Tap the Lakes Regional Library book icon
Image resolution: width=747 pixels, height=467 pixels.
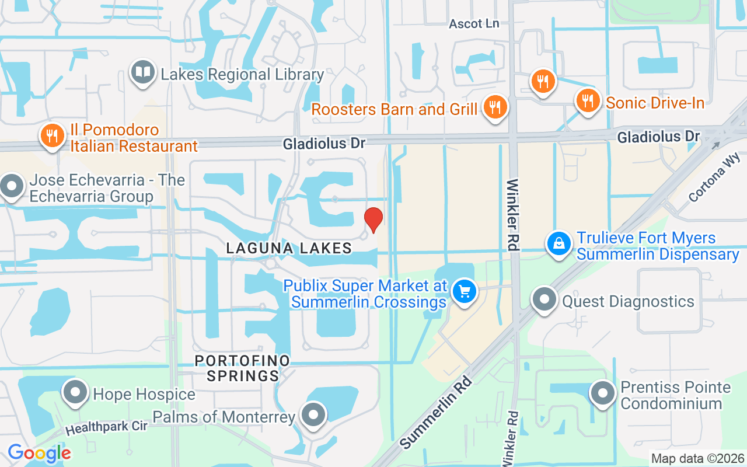[142, 73]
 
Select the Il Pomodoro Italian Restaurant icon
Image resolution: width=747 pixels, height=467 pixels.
[52, 136]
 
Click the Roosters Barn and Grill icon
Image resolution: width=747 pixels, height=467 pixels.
[495, 107]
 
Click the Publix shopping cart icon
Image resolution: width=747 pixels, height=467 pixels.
[465, 291]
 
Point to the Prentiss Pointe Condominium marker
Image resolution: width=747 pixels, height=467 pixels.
[603, 393]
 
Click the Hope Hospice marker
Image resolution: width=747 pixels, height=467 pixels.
[75, 393]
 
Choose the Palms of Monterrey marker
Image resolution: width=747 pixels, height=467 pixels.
[314, 415]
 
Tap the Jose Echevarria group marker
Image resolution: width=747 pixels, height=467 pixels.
[11, 187]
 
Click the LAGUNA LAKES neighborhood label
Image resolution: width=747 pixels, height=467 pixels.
[289, 248]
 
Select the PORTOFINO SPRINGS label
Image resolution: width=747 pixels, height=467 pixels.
[243, 368]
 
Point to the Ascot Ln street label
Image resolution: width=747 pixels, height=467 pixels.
[474, 24]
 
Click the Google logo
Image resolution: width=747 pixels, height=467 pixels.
[39, 453]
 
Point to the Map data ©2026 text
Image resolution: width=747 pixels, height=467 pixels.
[697, 459]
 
